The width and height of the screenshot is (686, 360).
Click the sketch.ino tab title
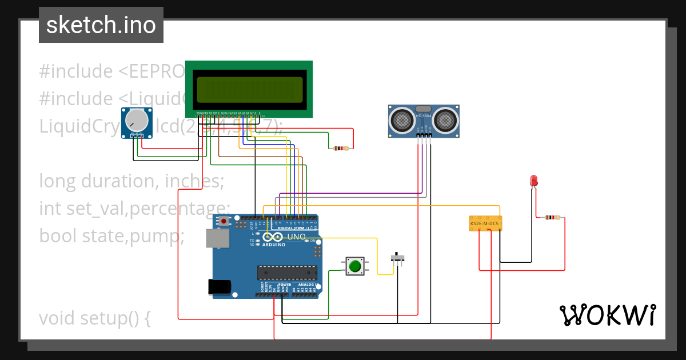(101, 25)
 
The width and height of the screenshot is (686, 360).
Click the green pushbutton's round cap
(355, 266)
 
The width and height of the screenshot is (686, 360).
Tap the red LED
(533, 181)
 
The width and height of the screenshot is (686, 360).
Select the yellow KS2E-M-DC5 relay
(485, 223)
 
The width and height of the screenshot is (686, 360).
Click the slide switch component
(398, 258)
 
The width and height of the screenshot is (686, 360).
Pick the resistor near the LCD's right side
(341, 149)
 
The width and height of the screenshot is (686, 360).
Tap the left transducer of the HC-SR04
(402, 119)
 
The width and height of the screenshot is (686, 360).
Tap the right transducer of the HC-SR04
(445, 119)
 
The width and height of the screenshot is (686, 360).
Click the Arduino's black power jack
(220, 286)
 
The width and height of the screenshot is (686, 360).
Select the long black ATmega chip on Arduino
(286, 274)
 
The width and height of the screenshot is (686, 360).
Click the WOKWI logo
(607, 315)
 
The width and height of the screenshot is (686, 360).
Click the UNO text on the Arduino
(296, 236)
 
